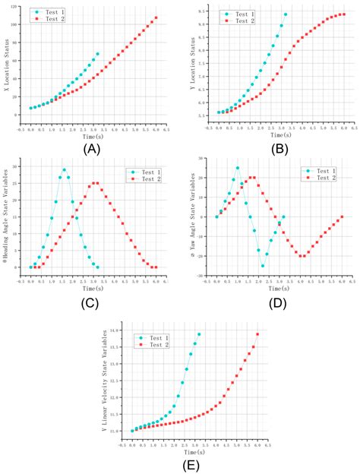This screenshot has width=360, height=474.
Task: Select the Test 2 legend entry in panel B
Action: point(236,21)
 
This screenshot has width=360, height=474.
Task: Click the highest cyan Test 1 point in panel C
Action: point(64,170)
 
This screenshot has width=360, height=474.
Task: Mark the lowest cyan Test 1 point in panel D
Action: point(263,266)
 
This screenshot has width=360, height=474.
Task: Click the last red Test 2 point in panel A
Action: point(156,18)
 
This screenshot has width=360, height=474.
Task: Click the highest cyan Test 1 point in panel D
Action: point(238,168)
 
